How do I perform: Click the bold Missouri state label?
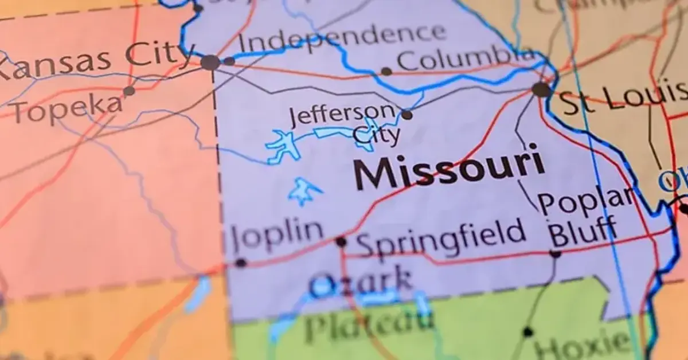448,168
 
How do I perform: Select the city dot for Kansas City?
210,62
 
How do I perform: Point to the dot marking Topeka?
129,91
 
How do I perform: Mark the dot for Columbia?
386,72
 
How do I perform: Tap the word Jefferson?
342,115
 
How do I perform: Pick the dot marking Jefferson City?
406,115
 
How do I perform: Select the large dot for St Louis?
541,89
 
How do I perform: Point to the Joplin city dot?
241,263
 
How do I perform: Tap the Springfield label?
441,236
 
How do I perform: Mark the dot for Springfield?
341,242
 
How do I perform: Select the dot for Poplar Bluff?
555,253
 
